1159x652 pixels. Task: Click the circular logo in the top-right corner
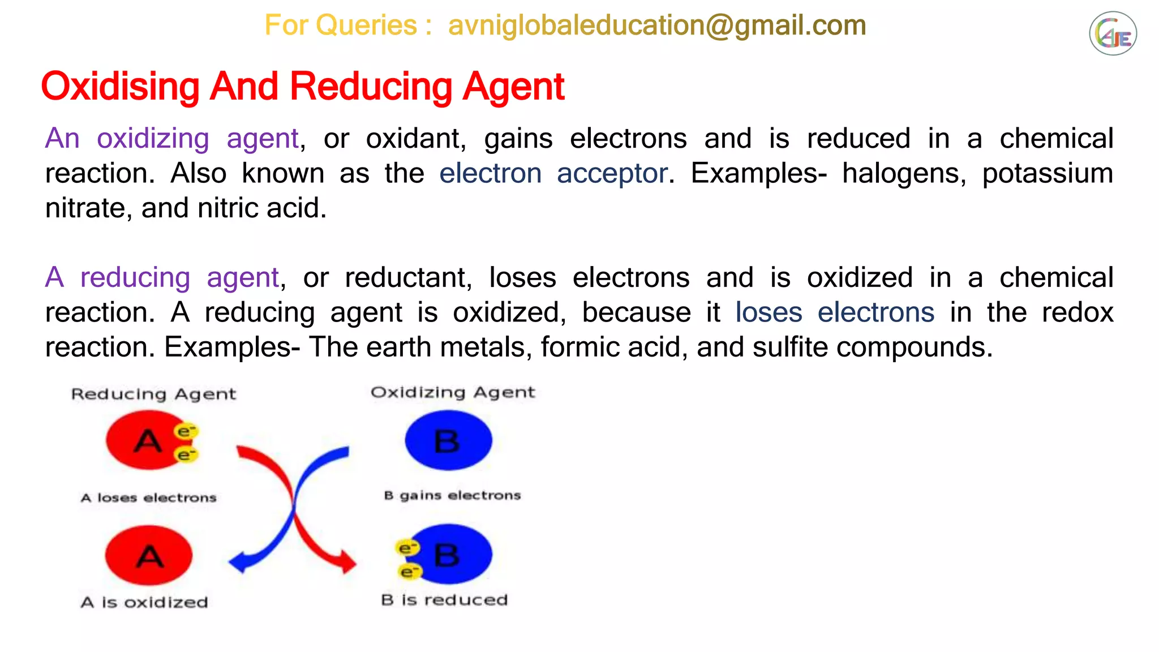pos(1113,34)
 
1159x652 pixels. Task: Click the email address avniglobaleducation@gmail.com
pos(656,25)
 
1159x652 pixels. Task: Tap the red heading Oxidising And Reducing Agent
pos(303,87)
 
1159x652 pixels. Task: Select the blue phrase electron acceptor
pos(553,173)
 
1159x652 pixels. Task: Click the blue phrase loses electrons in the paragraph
pos(834,312)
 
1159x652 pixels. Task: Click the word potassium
pos(1048,173)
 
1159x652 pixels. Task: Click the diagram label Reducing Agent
pos(153,394)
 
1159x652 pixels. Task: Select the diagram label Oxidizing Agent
pos(453,392)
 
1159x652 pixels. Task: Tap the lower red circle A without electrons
pos(149,555)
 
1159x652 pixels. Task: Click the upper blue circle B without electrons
pos(448,440)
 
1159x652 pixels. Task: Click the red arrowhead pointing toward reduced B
pos(347,563)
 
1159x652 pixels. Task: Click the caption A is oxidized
pos(144,602)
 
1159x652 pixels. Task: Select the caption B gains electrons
pos(452,496)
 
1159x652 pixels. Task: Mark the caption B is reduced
pos(444,600)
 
